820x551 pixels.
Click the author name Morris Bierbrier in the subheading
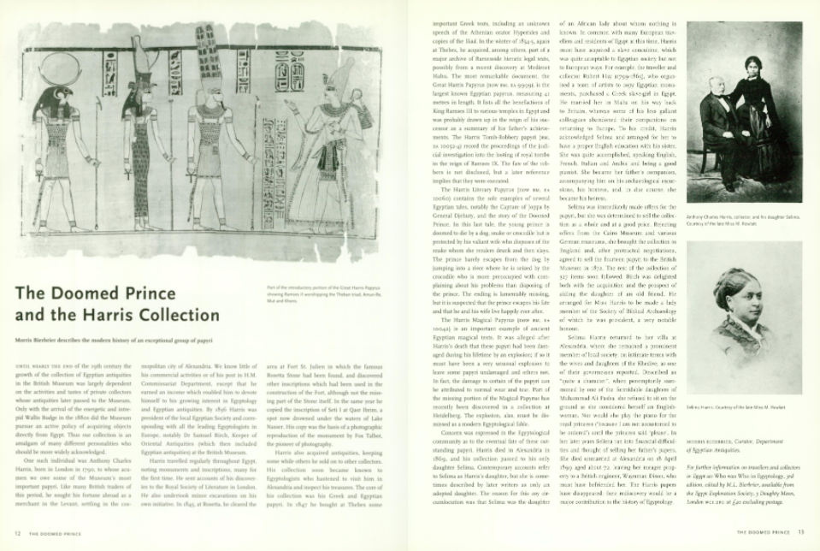coord(42,341)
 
